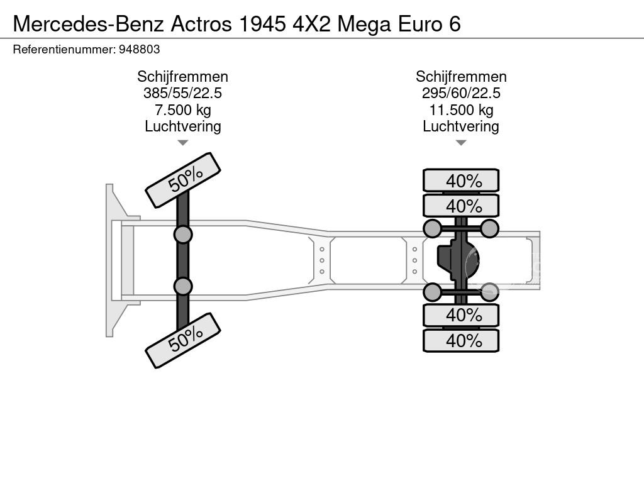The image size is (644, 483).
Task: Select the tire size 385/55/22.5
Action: pyautogui.click(x=182, y=93)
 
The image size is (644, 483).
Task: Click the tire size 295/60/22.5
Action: pyautogui.click(x=461, y=93)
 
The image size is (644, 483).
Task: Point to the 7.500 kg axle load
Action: pyautogui.click(x=182, y=110)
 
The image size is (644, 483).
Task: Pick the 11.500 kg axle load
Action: pyautogui.click(x=461, y=110)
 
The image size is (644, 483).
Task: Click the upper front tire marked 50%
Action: pyautogui.click(x=183, y=180)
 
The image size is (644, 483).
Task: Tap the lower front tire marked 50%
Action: pyautogui.click(x=183, y=340)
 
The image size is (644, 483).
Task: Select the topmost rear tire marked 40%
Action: pyautogui.click(x=461, y=180)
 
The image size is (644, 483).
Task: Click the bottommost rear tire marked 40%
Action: pyautogui.click(x=461, y=341)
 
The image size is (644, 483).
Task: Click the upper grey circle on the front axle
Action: pyautogui.click(x=183, y=235)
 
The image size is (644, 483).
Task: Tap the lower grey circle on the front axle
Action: pyautogui.click(x=183, y=286)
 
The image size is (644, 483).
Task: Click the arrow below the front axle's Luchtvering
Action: pyautogui.click(x=182, y=143)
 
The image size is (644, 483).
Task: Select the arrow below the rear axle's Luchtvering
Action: pyautogui.click(x=461, y=143)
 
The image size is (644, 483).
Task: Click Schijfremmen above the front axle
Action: pyautogui.click(x=182, y=77)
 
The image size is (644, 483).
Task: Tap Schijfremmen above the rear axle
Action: pyautogui.click(x=461, y=77)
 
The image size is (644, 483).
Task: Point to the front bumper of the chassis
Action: pyautogui.click(x=113, y=260)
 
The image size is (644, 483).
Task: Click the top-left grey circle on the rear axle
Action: pyautogui.click(x=432, y=228)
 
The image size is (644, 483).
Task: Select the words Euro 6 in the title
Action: pyautogui.click(x=430, y=24)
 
